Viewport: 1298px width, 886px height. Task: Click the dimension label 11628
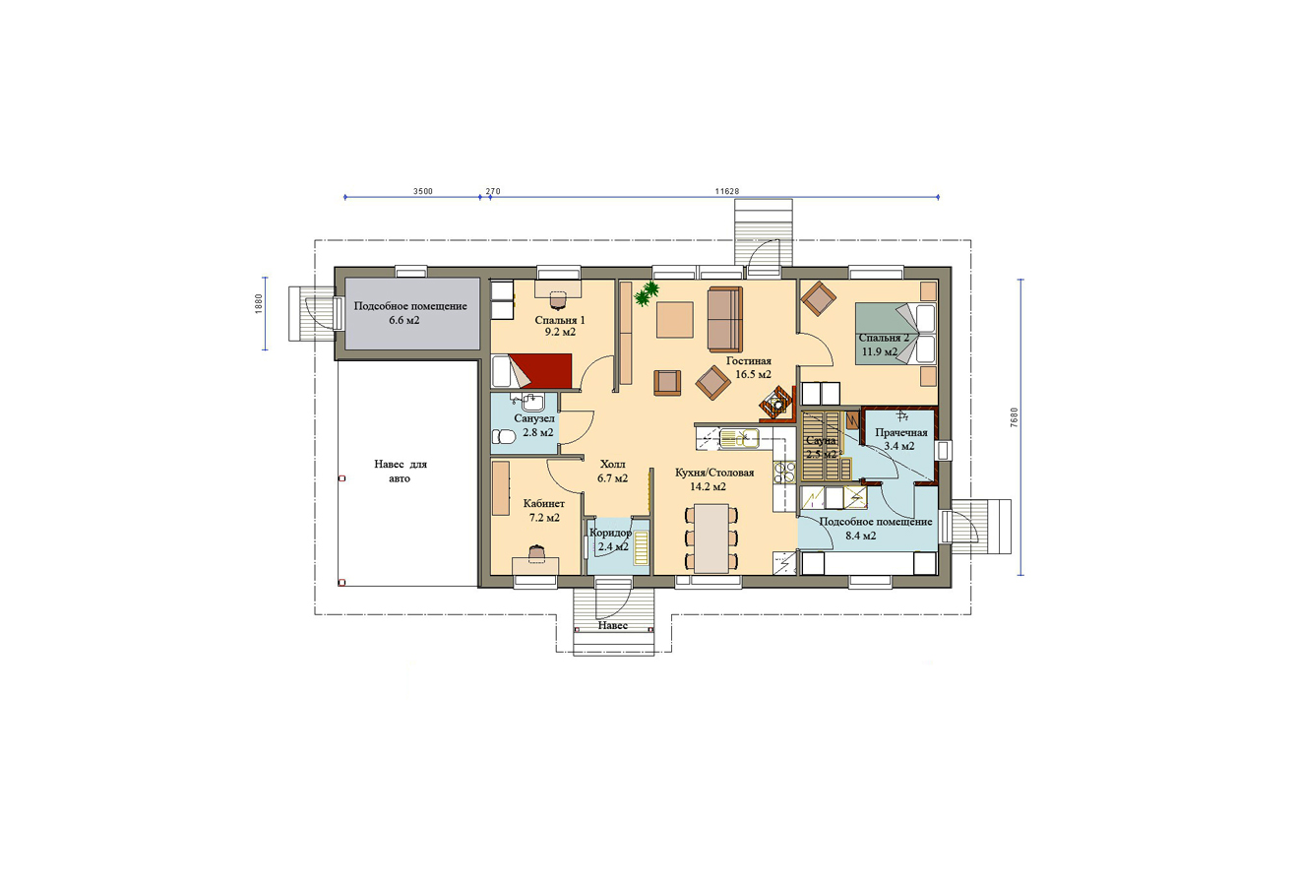coord(726,191)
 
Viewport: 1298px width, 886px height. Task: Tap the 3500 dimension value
coord(422,191)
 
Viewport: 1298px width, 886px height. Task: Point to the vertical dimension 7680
coord(1014,417)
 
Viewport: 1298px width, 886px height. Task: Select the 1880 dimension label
coord(259,304)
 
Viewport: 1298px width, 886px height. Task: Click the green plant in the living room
coord(647,293)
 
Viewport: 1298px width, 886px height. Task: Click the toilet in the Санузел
coord(503,437)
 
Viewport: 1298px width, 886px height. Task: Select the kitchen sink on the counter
coord(739,438)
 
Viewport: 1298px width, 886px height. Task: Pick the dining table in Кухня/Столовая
coord(712,538)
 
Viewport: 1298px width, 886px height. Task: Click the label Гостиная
coord(749,360)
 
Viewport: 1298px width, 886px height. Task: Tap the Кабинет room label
coord(543,503)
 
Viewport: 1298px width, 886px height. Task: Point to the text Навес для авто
coord(401,471)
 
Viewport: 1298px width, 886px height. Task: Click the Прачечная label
coord(901,432)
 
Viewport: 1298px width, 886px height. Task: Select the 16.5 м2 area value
coord(753,374)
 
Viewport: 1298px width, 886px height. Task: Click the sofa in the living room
coord(725,319)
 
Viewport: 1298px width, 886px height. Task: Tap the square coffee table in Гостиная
coord(675,320)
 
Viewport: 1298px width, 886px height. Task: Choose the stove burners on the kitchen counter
coord(783,472)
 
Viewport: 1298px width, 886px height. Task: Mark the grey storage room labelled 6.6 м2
coord(412,313)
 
